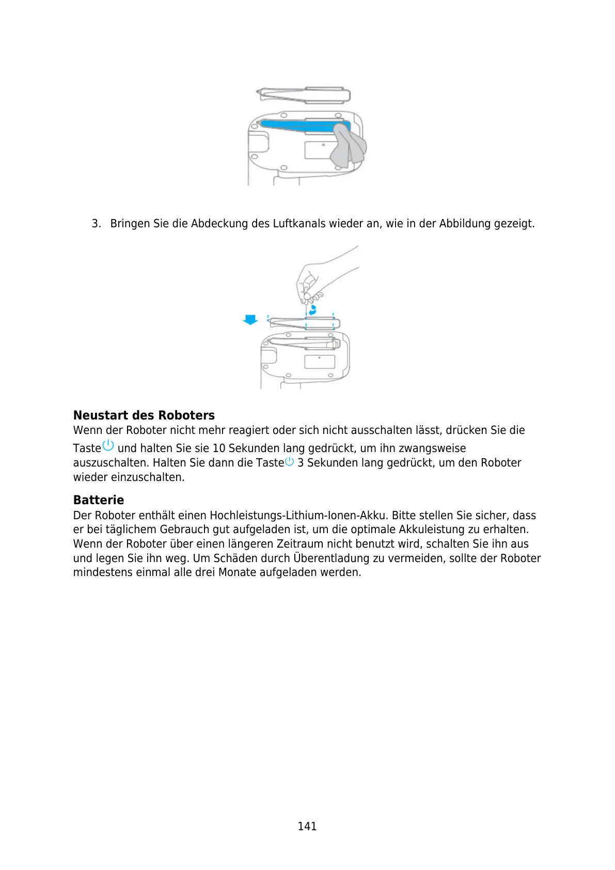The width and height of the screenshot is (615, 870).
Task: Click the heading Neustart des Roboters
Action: pos(144,415)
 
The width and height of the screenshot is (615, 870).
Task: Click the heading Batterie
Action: pos(98,500)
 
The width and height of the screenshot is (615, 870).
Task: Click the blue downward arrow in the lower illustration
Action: pos(250,320)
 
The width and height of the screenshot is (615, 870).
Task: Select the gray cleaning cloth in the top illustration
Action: pos(348,146)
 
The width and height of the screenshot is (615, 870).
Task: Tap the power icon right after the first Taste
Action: pos(108,445)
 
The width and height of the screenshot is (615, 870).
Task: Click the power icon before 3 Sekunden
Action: pos(290,461)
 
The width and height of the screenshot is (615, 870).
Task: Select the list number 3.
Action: pos(96,224)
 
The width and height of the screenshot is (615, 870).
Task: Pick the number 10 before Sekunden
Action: pos(219,448)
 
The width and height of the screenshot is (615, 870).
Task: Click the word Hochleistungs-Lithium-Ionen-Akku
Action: pos(298,516)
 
